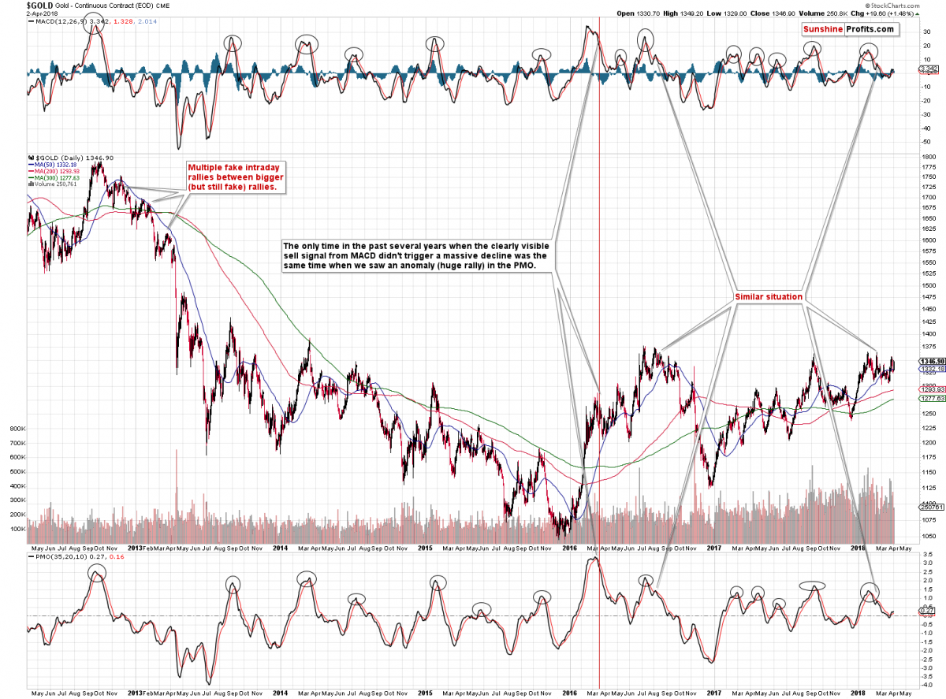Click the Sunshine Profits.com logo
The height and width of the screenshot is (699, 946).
click(x=850, y=29)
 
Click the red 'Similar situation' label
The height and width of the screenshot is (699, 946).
click(x=769, y=296)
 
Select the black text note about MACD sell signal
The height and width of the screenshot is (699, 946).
click(x=419, y=256)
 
